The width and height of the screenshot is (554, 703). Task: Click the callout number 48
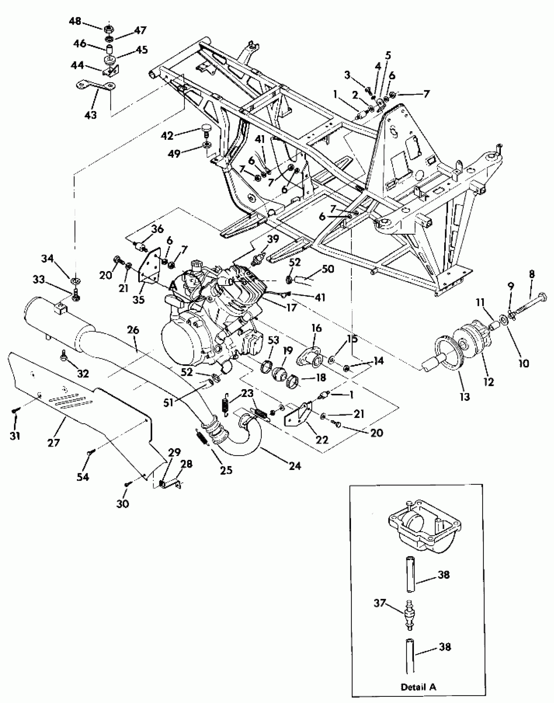tap(75, 21)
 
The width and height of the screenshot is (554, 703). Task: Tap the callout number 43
tap(91, 115)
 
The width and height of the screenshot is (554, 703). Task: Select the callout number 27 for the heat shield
tap(53, 442)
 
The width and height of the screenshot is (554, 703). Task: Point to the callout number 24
tap(294, 466)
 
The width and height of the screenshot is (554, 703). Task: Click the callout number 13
tap(464, 397)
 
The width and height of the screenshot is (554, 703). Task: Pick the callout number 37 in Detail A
tap(380, 603)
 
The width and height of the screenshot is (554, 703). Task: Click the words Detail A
tap(418, 687)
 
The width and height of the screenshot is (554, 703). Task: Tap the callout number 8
tap(532, 274)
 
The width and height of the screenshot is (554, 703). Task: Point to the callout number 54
tap(83, 477)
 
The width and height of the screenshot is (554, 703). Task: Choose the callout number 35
tap(138, 299)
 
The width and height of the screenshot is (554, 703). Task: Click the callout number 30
tap(123, 504)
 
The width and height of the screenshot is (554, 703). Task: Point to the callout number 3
tap(347, 75)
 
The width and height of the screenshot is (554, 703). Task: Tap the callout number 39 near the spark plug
tap(273, 239)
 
